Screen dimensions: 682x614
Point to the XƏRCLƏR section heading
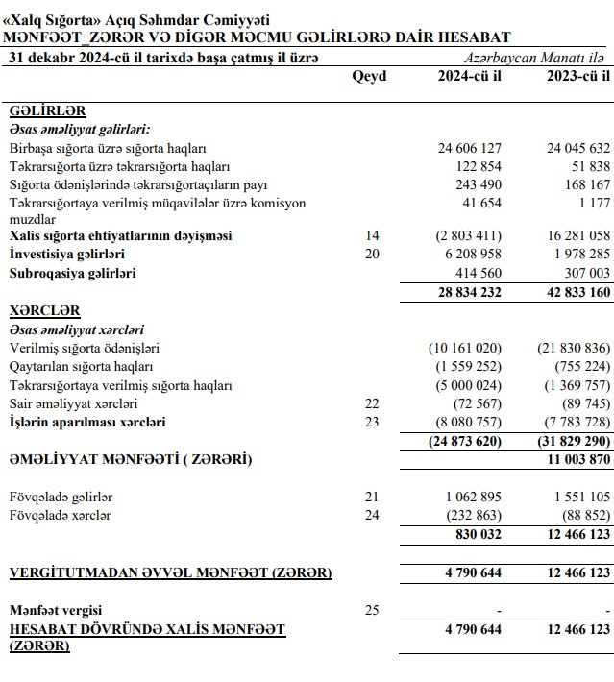pyautogui.click(x=45, y=311)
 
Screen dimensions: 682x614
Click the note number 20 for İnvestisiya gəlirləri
pyautogui.click(x=373, y=254)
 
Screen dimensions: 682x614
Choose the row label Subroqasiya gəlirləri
pyautogui.click(x=73, y=273)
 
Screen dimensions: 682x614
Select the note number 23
pyautogui.click(x=373, y=422)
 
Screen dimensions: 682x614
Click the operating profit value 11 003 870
pyautogui.click(x=574, y=460)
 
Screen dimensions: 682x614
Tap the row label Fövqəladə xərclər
pyautogui.click(x=60, y=515)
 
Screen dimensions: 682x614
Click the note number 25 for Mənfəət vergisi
pyautogui.click(x=373, y=609)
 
